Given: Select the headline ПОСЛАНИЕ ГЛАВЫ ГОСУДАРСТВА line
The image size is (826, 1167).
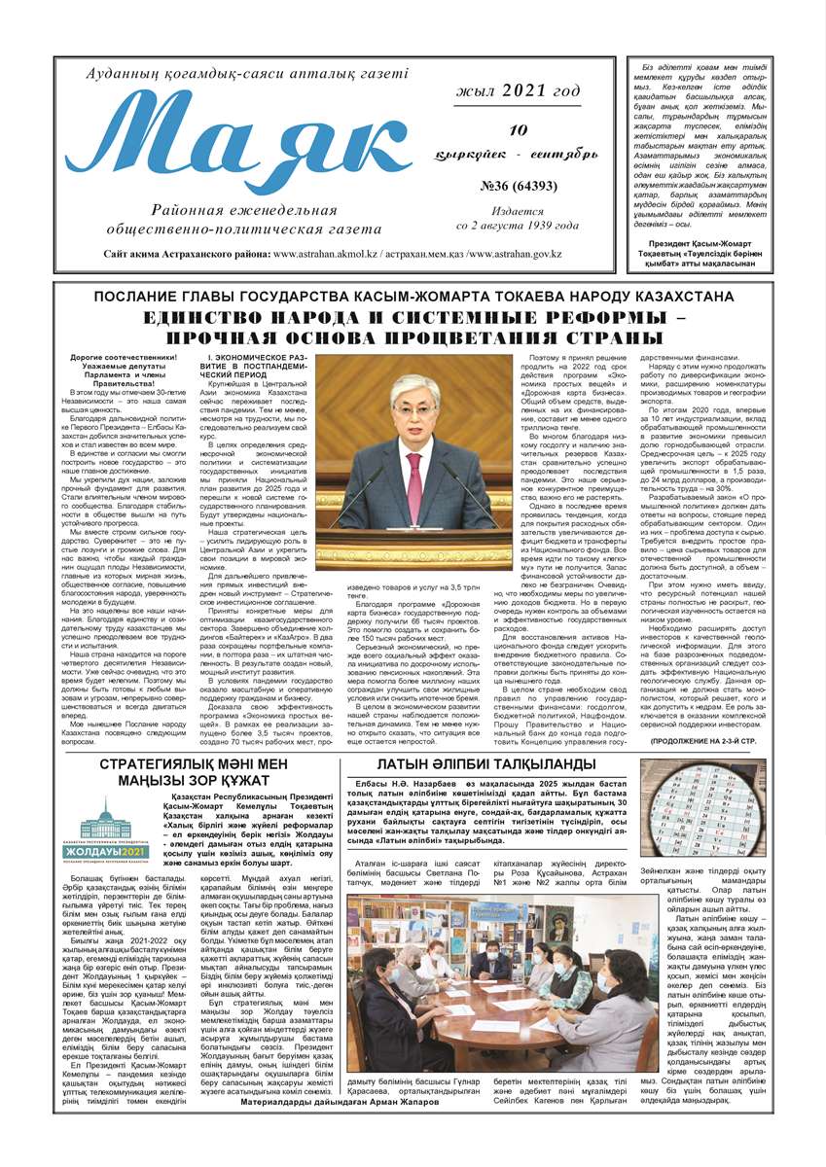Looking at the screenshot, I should point(413,296).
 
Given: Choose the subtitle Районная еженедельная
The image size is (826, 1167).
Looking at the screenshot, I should point(253,211).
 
